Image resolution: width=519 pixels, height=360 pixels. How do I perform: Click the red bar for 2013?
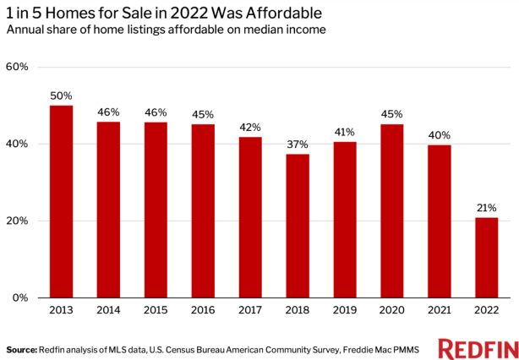point(61,201)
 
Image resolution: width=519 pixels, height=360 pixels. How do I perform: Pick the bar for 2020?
point(391,210)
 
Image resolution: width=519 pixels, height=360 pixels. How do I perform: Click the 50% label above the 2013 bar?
point(61,96)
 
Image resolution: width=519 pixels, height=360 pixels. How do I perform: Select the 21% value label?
point(486,208)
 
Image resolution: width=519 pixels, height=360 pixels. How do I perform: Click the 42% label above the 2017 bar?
point(250,128)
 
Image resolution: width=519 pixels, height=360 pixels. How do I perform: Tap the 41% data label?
point(345,133)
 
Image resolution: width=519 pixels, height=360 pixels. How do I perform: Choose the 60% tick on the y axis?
point(18,67)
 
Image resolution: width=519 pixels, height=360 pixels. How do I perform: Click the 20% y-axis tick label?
point(18,221)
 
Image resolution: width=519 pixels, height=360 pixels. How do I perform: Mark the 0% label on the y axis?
point(20,298)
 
